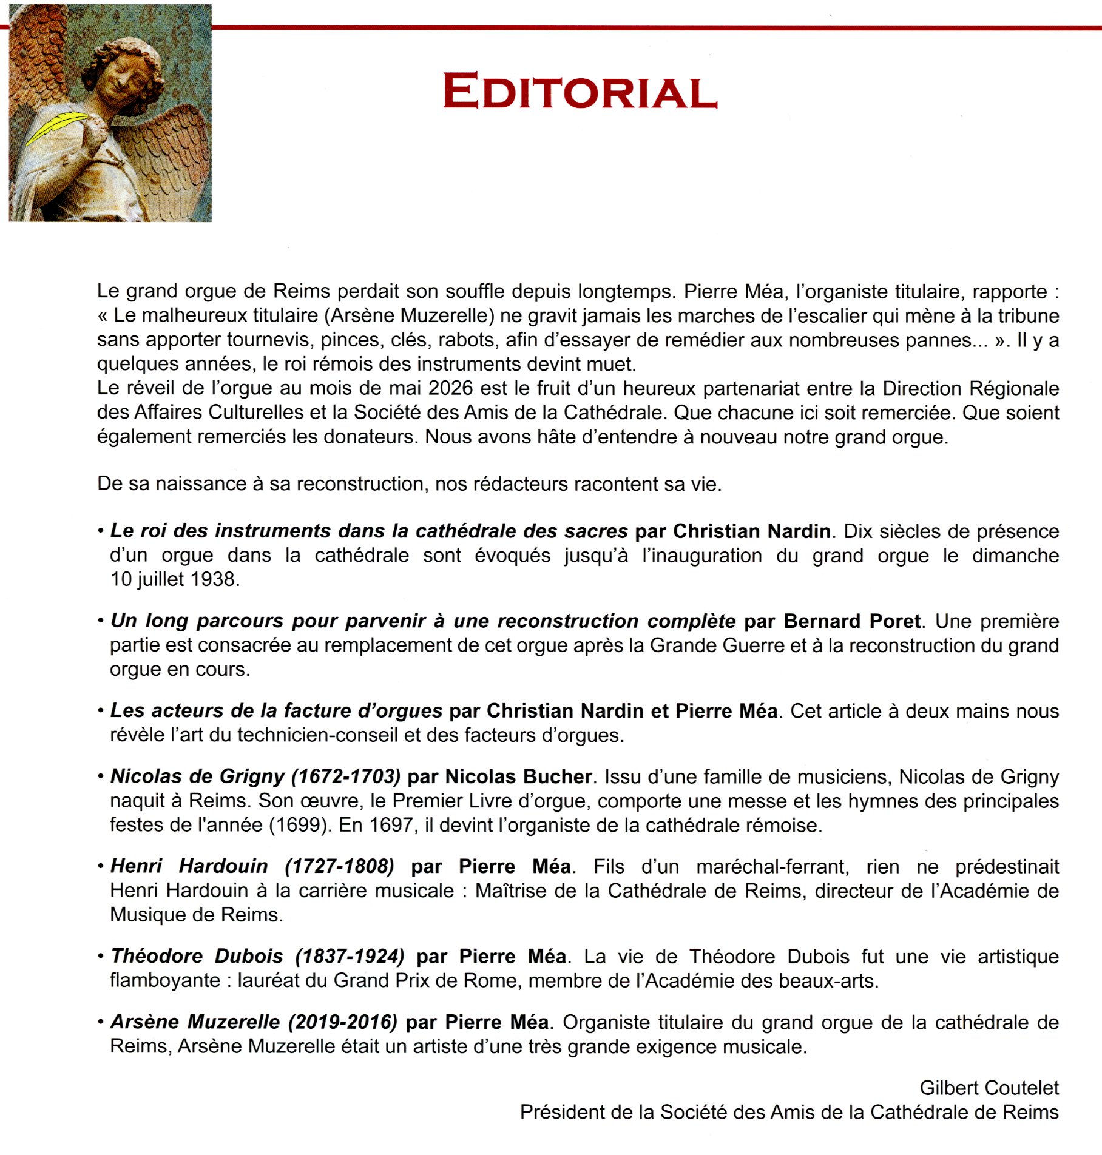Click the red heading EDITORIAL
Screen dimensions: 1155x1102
point(580,91)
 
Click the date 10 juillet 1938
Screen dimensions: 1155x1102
point(175,579)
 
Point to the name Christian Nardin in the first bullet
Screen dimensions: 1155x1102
point(751,531)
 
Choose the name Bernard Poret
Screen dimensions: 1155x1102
point(852,621)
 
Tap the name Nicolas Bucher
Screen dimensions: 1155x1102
point(518,776)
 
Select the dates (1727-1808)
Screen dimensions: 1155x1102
point(339,866)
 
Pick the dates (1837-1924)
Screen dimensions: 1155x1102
point(350,956)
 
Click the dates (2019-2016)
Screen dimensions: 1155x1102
point(343,1022)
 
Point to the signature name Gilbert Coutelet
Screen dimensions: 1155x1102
point(989,1088)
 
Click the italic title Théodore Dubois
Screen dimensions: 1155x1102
point(197,956)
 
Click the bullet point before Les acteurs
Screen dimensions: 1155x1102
point(101,711)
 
